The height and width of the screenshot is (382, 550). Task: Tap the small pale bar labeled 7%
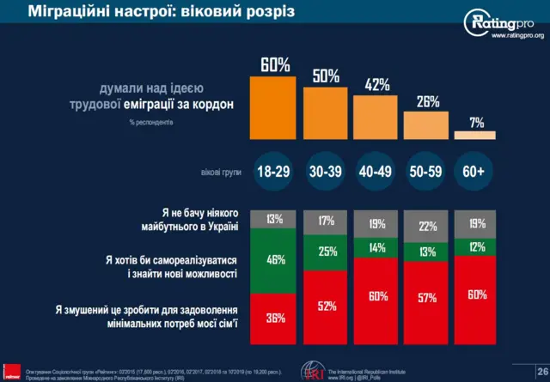click(474, 136)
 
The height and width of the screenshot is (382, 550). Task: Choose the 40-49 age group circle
click(376, 172)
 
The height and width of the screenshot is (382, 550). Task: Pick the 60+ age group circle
click(474, 172)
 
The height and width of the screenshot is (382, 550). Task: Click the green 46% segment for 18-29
click(274, 258)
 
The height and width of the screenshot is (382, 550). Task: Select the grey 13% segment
click(274, 219)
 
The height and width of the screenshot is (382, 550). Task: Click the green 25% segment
click(325, 252)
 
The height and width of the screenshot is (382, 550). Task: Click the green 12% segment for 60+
click(474, 246)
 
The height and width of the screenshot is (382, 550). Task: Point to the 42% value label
click(376, 85)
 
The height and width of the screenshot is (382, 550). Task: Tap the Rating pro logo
click(504, 23)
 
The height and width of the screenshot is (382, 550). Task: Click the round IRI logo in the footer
click(314, 371)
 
